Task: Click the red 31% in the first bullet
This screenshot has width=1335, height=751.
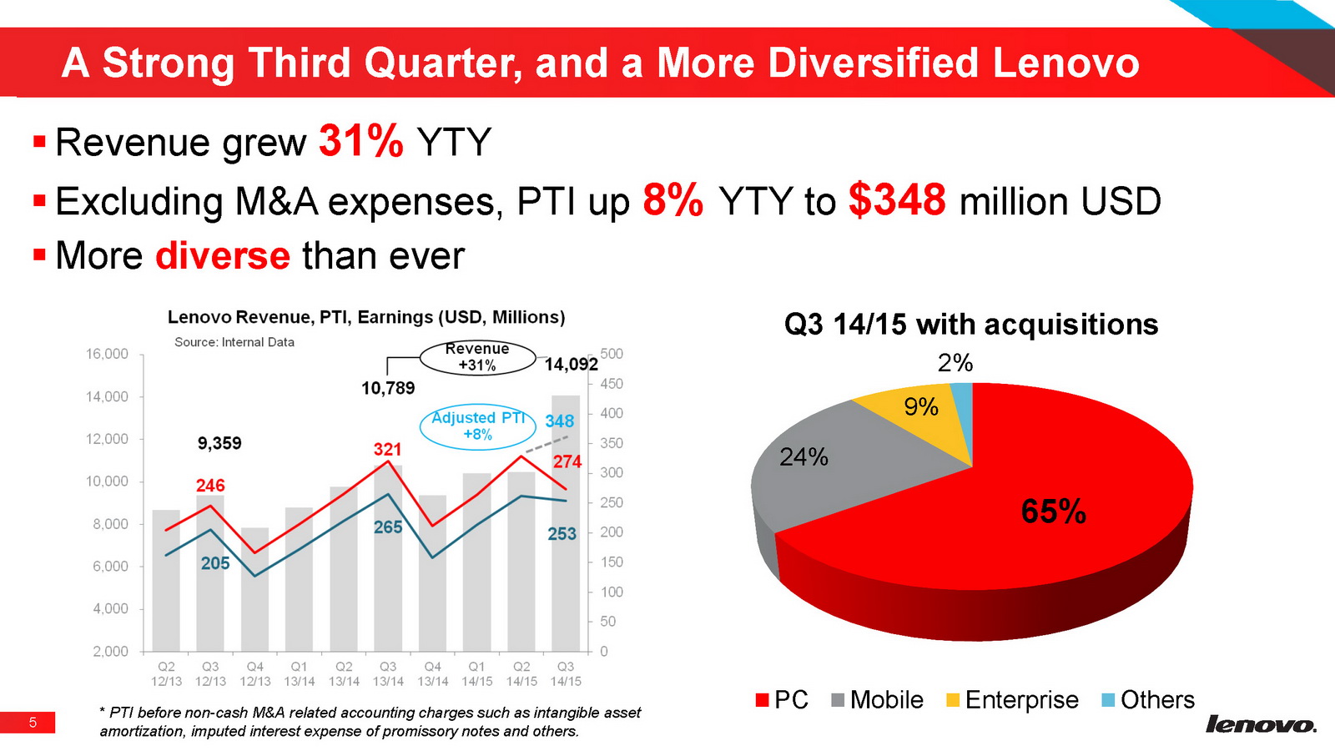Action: click(x=360, y=141)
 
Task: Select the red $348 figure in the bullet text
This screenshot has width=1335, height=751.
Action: click(x=897, y=200)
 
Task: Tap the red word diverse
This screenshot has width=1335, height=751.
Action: click(x=223, y=255)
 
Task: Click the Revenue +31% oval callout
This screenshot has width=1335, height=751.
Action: click(x=477, y=357)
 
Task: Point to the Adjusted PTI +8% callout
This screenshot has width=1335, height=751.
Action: click(x=478, y=426)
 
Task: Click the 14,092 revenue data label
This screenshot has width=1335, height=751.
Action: click(x=571, y=365)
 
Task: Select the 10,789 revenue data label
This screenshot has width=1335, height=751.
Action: click(x=388, y=388)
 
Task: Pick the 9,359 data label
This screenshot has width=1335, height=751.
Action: click(x=219, y=443)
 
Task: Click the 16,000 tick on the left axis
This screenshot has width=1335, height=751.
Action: click(x=108, y=354)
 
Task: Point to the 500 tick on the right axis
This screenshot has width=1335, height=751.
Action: click(x=612, y=354)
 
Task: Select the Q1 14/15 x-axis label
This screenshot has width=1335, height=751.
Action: click(x=476, y=673)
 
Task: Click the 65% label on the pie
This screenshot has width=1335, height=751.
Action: click(x=1053, y=512)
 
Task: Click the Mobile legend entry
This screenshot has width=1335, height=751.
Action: click(x=878, y=699)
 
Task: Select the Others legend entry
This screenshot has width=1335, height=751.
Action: click(x=1149, y=699)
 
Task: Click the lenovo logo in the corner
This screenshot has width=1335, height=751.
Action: click(x=1261, y=723)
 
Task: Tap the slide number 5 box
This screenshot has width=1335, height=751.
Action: click(x=33, y=723)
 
